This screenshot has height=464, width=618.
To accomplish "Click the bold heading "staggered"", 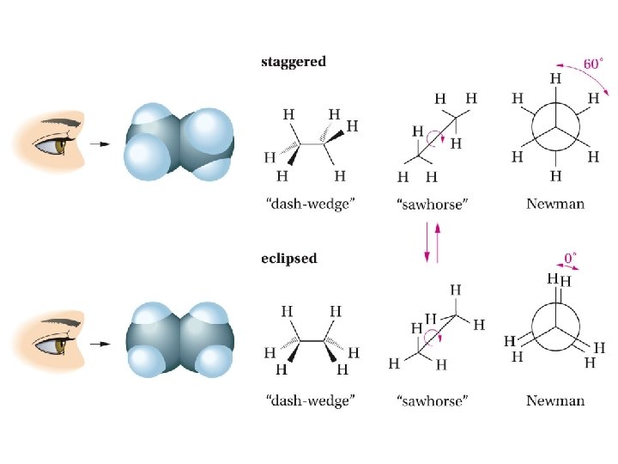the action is pos(294,62).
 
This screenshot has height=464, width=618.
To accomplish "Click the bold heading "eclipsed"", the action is pos(289,259).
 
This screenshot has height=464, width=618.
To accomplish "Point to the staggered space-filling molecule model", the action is pos(179,143).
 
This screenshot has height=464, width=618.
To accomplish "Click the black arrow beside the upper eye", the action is pos(100,143).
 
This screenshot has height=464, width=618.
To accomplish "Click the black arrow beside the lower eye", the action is pos(100,343).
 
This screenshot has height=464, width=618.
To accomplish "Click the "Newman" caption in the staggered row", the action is pos(555,205).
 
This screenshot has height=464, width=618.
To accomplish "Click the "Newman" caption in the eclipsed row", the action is pos(555,400).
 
